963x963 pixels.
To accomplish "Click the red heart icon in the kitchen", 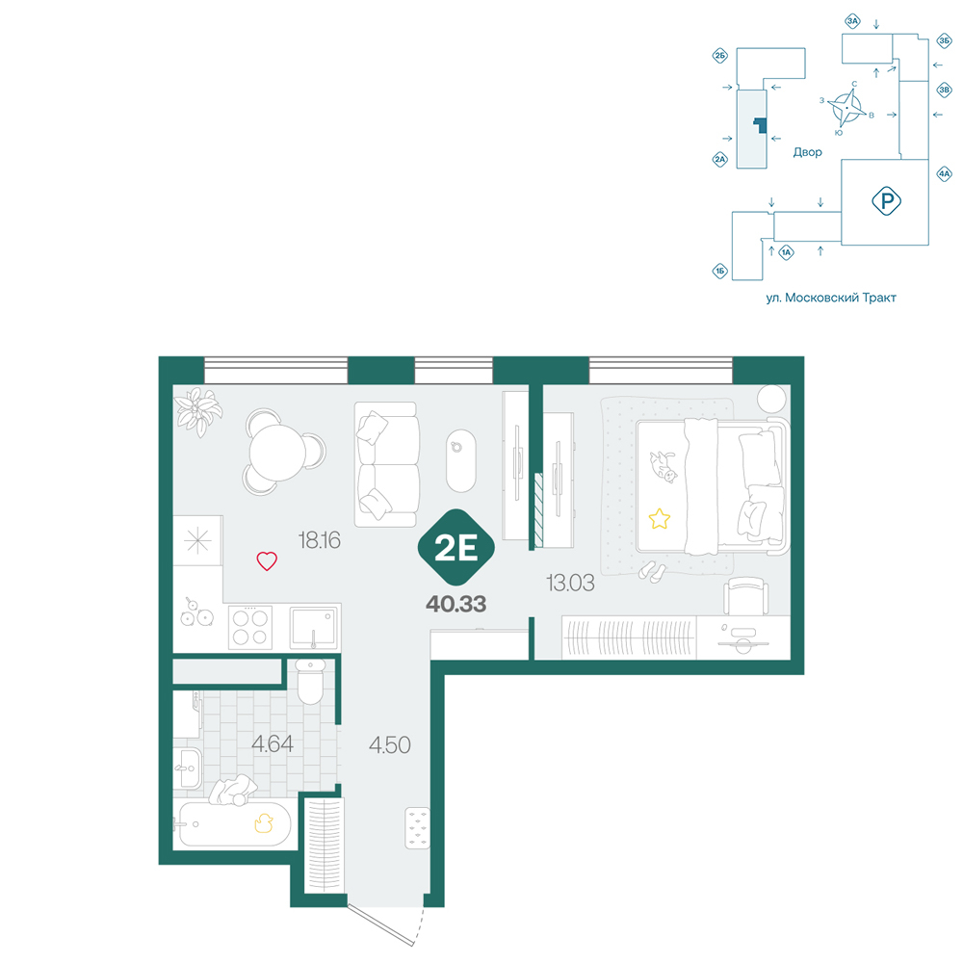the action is pos(267,560).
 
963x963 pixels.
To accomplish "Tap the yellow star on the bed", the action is pos(659,519).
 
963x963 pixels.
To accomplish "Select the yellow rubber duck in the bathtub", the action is pos(264,823).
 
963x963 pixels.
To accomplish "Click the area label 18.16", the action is pos(320,540).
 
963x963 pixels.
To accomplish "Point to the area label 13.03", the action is pos(570,583).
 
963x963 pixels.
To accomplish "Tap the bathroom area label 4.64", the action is pos(273,744).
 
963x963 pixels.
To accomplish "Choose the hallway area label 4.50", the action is pos(389,745).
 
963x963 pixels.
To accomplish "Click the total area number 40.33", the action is pos(456,605).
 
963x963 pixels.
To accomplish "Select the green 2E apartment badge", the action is pos(456,547).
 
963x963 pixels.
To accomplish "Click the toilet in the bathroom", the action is pos(310,681).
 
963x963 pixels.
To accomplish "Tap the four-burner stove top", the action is pos(250,627).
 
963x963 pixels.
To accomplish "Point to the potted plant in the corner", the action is pos(197,411).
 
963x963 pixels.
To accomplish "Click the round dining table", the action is pos(277,454).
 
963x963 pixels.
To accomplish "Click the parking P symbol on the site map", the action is pos(886,201).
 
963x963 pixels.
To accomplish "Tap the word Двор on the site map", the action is pos(807,152).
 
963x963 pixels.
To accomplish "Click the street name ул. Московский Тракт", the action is pos(831,298).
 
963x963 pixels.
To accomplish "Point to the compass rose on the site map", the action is pos(846,108).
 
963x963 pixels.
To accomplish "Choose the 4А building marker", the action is pos(944,173).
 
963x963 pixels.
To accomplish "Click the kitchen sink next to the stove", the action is pos(313,627).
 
